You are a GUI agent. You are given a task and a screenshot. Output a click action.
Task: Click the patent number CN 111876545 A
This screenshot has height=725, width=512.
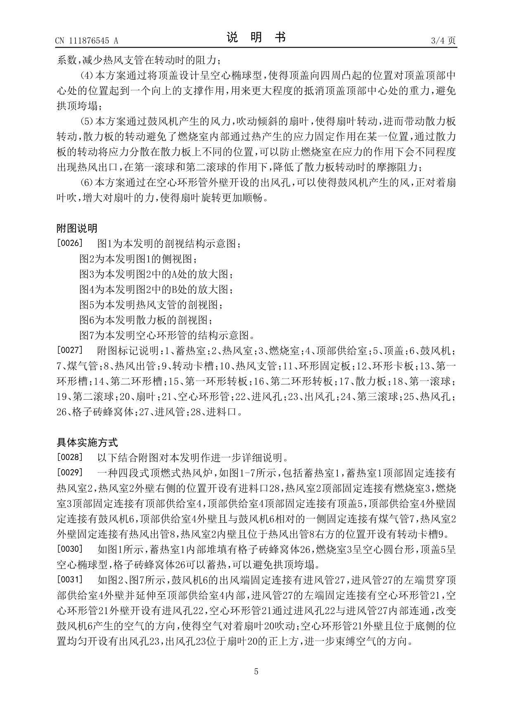[87, 41]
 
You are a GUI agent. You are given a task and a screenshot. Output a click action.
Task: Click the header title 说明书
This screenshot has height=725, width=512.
[256, 38]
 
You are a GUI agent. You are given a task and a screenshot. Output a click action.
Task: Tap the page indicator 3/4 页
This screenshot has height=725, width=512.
[443, 41]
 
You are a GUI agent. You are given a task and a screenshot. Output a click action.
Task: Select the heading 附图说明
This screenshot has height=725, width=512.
[77, 228]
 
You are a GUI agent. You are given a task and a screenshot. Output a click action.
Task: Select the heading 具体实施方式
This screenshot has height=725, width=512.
[87, 443]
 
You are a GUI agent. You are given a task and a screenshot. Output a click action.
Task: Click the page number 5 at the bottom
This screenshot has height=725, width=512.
[256, 672]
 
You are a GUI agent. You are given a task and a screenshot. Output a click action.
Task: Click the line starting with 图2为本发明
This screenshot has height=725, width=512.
[138, 259]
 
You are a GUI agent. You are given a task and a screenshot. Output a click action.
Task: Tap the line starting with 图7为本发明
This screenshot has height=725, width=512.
[167, 335]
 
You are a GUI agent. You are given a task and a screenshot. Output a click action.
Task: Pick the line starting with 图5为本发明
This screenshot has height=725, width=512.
[151, 305]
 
